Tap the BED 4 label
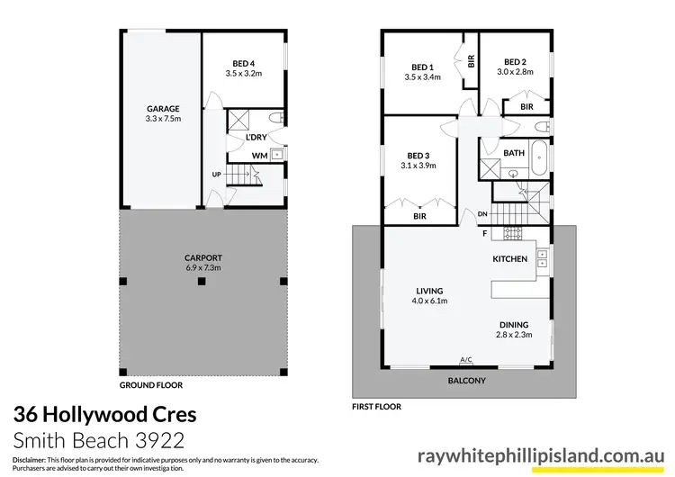[243, 62]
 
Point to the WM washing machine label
[258, 155]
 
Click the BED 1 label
[423, 67]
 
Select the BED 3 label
[420, 156]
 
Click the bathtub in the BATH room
[538, 161]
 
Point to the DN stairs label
[481, 213]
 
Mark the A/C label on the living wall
[466, 360]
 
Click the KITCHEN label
[509, 258]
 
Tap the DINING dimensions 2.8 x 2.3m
[515, 335]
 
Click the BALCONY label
[466, 381]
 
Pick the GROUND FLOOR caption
[151, 385]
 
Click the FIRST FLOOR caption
[376, 407]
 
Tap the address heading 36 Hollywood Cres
[103, 416]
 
